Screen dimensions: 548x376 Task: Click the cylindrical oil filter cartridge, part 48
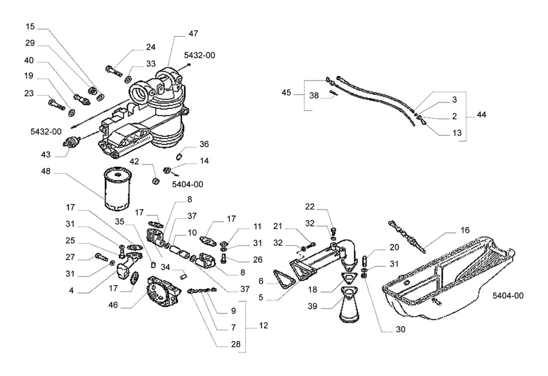pyautogui.click(x=118, y=189)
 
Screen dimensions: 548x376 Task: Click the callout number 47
pyautogui.click(x=193, y=33)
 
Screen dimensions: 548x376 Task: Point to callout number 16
pyautogui.click(x=465, y=230)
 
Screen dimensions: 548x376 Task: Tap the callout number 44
pyautogui.click(x=481, y=115)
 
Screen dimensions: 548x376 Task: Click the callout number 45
pyautogui.click(x=286, y=93)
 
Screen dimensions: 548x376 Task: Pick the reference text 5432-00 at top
pyautogui.click(x=200, y=55)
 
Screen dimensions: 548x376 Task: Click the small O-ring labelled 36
pyautogui.click(x=179, y=156)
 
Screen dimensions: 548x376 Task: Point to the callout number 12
pyautogui.click(x=264, y=325)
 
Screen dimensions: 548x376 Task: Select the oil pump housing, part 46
pyautogui.click(x=163, y=293)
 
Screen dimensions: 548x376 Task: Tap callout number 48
pyautogui.click(x=46, y=171)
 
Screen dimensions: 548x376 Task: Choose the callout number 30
pyautogui.click(x=401, y=329)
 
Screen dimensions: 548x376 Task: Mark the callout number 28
pyautogui.click(x=236, y=344)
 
